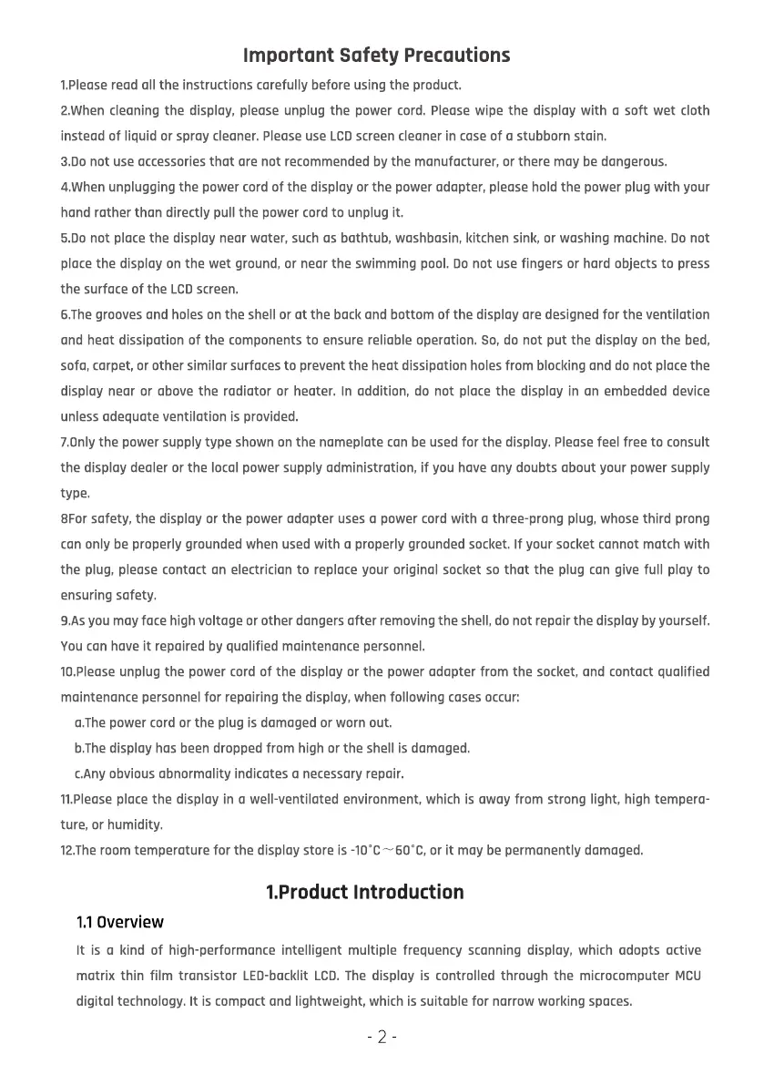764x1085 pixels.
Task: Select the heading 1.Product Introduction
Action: [x=364, y=892]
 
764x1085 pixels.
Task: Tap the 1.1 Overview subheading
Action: [x=119, y=922]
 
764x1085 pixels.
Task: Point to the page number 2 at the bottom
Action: [x=382, y=1037]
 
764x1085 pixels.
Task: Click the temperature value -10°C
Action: [x=364, y=851]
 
